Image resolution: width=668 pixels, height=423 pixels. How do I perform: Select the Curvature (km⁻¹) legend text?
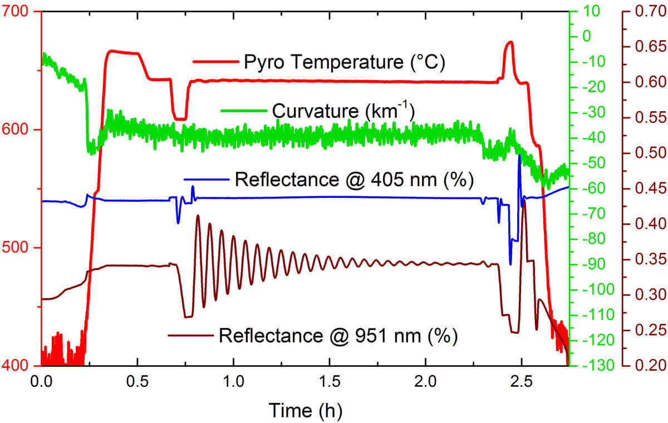click(342, 111)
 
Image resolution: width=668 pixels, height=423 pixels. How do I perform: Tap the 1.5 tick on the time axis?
click(330, 384)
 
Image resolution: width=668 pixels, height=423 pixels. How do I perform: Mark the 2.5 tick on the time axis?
click(522, 384)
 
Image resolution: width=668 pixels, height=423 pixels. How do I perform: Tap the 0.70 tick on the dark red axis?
click(647, 12)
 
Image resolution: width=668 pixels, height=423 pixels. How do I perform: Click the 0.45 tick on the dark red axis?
click(647, 189)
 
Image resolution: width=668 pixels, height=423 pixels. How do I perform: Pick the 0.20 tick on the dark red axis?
click(647, 366)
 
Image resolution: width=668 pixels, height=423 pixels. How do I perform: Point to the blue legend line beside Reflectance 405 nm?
click(207, 180)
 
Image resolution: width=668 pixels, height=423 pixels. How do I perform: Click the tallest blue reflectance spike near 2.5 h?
click(519, 157)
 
